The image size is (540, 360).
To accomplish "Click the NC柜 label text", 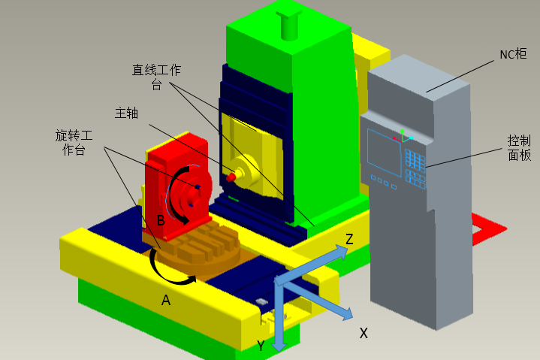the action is [513, 54].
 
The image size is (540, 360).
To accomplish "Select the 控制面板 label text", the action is [519, 148].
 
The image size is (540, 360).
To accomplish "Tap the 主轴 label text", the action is [126, 113].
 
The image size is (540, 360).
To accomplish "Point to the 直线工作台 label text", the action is [157, 77].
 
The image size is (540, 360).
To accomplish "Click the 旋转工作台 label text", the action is [74, 143].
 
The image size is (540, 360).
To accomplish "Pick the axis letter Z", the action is [349, 239].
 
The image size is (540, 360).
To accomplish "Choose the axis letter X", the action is [364, 333].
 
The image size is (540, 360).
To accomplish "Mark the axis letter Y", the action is [261, 346].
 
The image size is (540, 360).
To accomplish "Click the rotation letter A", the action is [166, 301].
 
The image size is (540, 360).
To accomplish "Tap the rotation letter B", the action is [161, 220].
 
